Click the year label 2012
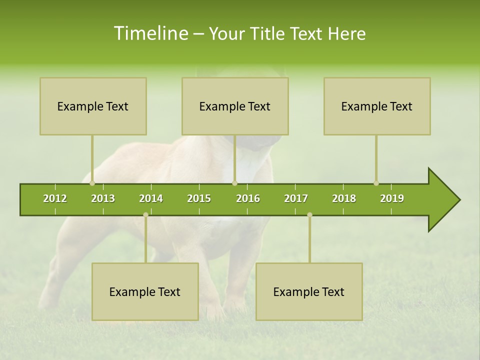pos(55,198)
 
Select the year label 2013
pos(103,198)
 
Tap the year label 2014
pos(151,198)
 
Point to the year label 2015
pos(199,198)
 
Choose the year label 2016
pos(248,198)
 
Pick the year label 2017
pos(296,198)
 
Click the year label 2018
pos(344,198)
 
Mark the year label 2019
pos(392,198)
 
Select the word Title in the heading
pos(270,33)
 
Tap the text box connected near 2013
pos(93,106)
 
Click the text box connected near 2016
pos(235,106)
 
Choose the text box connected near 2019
pos(377,106)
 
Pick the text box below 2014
pos(145,291)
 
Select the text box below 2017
pos(309,291)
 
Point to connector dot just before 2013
pos(92,183)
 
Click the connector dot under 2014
pos(145,215)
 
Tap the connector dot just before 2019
pos(376,183)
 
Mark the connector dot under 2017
pos(309,215)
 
